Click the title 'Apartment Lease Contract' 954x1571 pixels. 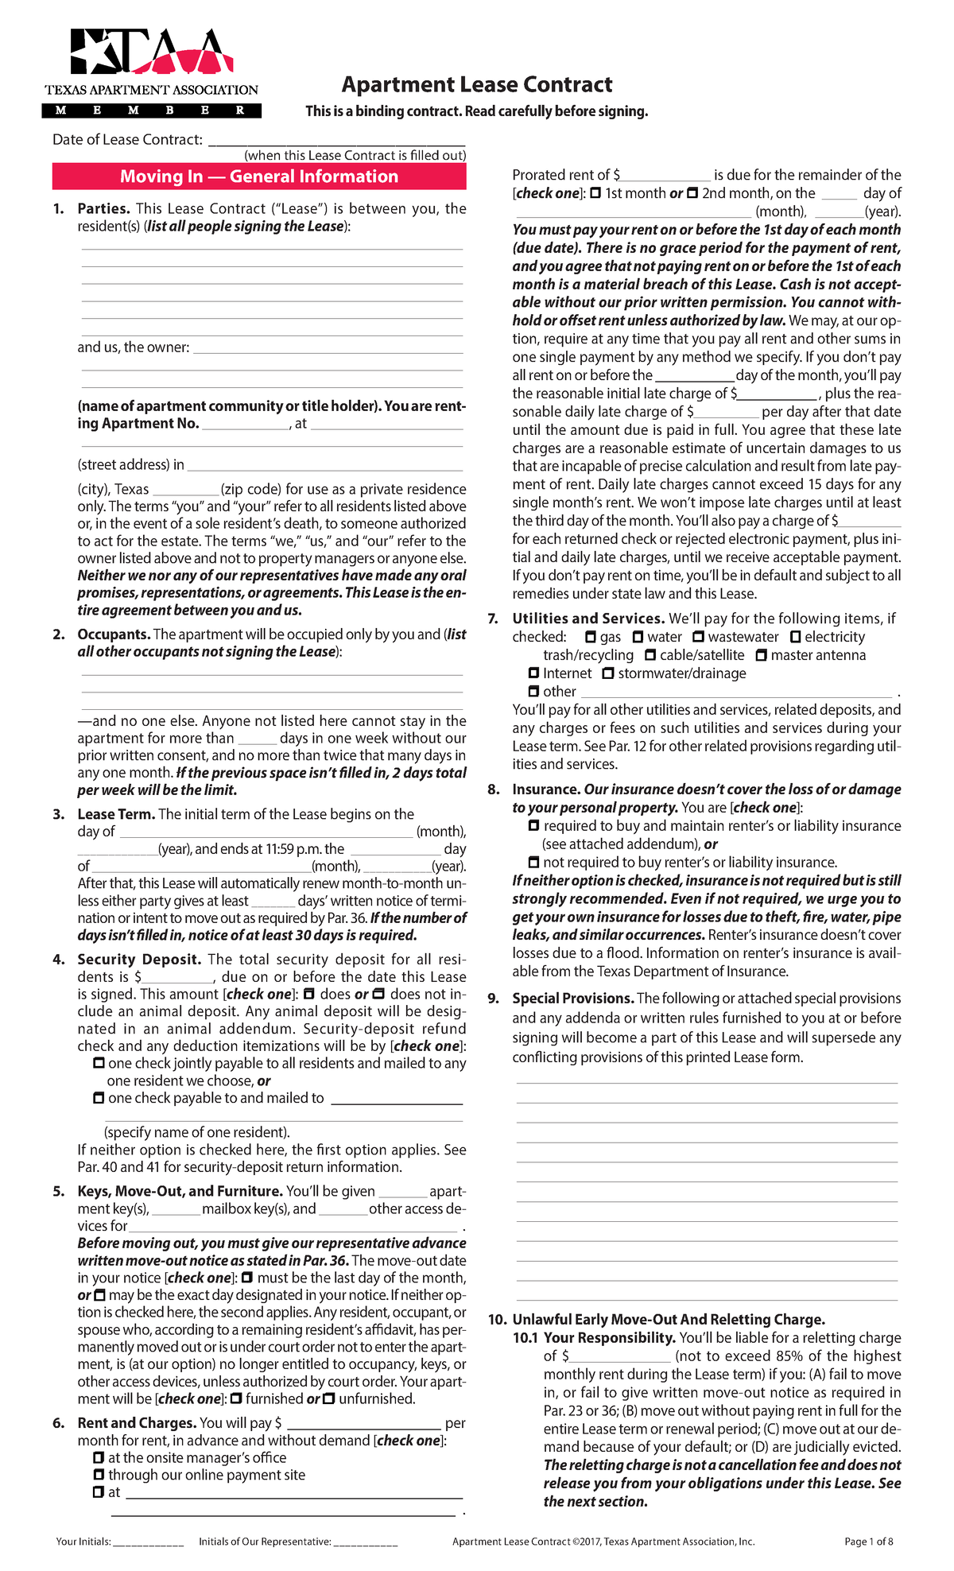click(477, 84)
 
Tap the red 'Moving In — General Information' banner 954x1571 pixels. click(259, 176)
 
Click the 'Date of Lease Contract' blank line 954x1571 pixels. click(336, 141)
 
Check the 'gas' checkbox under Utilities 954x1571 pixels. click(590, 637)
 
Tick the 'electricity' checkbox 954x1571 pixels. click(795, 637)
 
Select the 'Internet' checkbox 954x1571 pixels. click(533, 673)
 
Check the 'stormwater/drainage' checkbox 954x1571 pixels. click(608, 673)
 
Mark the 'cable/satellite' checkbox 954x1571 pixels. click(650, 655)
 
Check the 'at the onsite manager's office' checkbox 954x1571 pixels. click(99, 1457)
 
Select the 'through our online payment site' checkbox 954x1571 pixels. click(99, 1475)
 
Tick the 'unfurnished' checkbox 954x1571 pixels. click(329, 1398)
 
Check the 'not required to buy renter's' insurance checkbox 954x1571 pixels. click(533, 862)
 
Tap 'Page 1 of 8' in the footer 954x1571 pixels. click(868, 1542)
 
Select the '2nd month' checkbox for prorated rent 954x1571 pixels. click(692, 193)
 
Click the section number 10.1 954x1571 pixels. click(525, 1337)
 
